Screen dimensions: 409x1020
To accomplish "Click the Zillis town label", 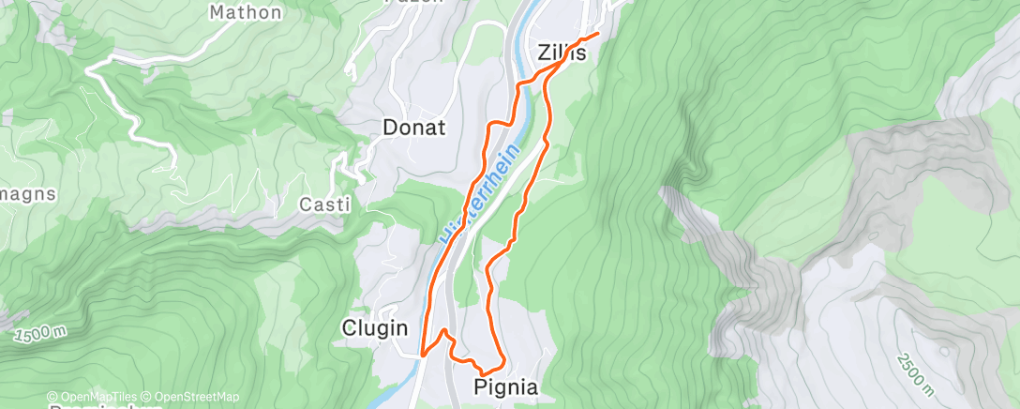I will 562,53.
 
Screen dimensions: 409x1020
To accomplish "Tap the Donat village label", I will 413,128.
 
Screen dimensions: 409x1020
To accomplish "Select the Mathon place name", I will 246,12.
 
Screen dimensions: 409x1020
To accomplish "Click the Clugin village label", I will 375,327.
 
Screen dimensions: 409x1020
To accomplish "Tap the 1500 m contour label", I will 40,335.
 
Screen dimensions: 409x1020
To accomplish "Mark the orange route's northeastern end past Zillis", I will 597,36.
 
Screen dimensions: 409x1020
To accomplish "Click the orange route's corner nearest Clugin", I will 424,355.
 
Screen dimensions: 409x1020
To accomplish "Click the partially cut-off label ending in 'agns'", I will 28,194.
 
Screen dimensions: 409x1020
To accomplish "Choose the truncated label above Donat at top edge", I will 413,3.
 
